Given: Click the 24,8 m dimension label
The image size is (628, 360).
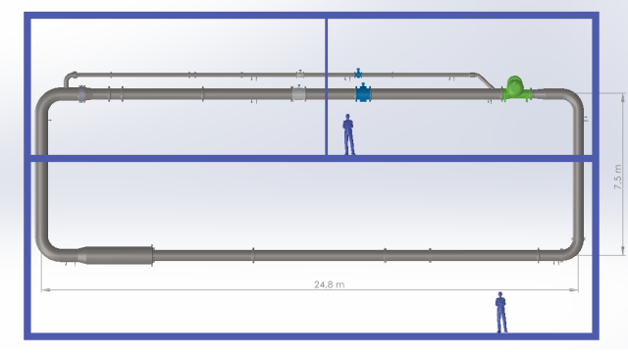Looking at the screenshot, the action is click(x=330, y=284).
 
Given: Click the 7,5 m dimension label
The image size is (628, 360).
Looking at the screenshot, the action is click(x=617, y=177).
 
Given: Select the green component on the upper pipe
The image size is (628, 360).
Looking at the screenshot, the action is click(x=516, y=89).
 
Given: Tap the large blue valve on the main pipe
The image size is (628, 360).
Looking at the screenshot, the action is click(x=363, y=93).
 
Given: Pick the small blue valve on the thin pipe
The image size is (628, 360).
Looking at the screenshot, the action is click(x=358, y=74).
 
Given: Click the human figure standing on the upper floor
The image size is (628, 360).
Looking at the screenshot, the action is click(x=348, y=134).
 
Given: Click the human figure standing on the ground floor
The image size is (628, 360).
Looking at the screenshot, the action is click(x=501, y=312).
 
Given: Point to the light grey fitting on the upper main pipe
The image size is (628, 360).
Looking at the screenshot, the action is click(x=298, y=94).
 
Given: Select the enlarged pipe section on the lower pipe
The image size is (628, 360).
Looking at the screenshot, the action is click(x=116, y=255).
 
